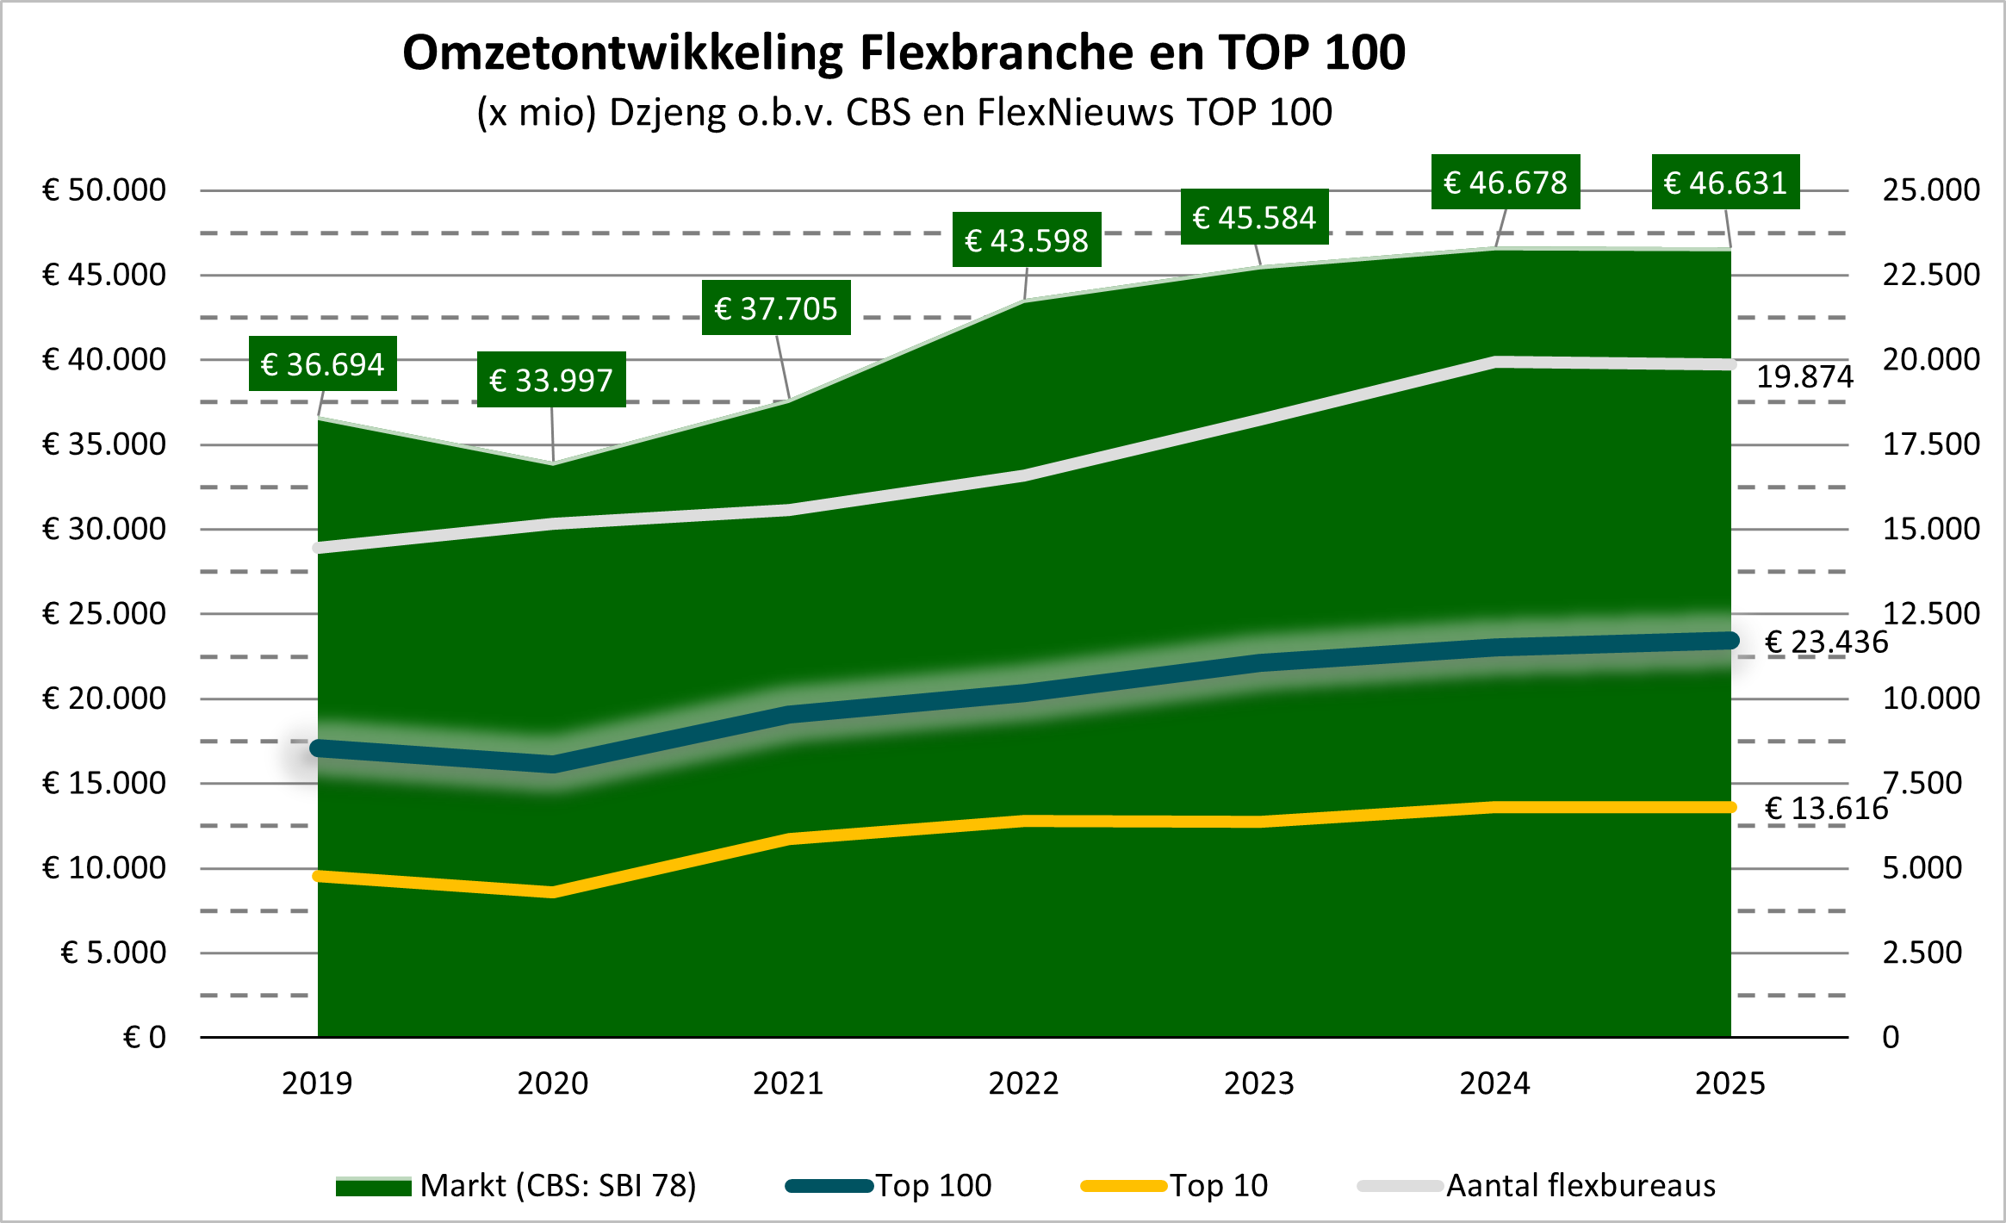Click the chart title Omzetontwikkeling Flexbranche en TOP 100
904,53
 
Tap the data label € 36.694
322,364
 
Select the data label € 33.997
551,380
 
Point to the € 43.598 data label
1027,240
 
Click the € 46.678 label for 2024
1505,183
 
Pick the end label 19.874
1804,377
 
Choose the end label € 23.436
1826,643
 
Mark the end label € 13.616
1826,809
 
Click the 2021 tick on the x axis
788,1083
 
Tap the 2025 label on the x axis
1730,1083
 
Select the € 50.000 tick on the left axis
104,190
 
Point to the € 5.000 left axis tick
113,953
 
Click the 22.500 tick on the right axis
1931,275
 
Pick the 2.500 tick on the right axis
1922,953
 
